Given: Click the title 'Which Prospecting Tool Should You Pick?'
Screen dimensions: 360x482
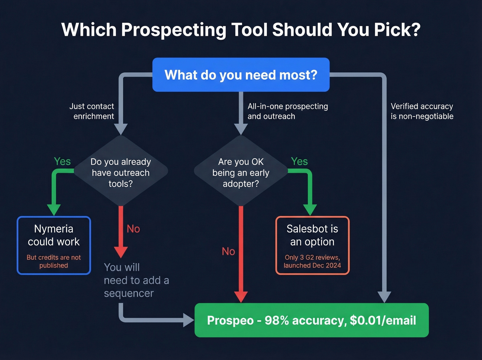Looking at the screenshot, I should pos(241,30).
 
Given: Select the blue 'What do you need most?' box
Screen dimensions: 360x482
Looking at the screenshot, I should pos(241,75).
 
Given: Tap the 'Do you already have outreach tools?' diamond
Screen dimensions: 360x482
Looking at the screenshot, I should pos(120,172).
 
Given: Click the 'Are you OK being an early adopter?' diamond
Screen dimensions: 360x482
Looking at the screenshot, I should pos(241,172).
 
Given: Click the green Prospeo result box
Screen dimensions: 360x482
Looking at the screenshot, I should pos(312,320).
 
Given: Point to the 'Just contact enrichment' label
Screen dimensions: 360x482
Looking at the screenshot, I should pos(92,111).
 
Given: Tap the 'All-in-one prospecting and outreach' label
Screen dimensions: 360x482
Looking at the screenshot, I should pos(287,111).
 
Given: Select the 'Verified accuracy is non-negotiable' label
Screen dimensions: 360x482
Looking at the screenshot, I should pos(422,111).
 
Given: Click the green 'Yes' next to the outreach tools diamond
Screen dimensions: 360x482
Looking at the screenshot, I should pos(62,161).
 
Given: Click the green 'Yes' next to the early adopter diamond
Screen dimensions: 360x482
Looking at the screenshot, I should pos(299,161).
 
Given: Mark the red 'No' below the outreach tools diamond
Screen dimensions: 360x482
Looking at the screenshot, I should pos(133,229).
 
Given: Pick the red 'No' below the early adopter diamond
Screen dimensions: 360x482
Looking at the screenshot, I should pos(228,251).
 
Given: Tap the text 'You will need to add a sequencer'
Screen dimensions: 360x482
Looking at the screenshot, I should pos(136,280).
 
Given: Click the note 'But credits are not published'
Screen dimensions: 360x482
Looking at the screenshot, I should pos(54,261).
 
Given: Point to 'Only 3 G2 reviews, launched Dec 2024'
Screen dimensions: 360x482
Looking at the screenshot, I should pos(312,261).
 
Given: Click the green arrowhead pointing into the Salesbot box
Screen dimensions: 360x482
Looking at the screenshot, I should pos(310,209).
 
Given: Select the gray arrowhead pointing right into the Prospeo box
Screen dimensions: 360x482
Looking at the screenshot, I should pos(188,320).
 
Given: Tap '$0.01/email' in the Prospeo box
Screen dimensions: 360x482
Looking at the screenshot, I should pos(383,320).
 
